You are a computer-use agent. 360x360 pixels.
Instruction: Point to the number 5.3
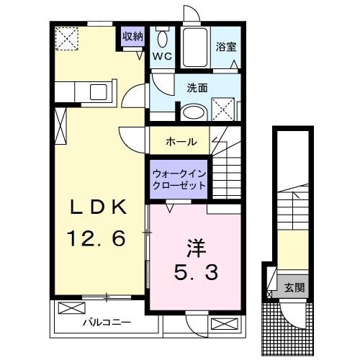195,272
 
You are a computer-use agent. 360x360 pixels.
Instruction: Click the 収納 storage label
133,35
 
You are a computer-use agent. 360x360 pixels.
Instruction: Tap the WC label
162,56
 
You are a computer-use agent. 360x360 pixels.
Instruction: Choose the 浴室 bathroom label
225,48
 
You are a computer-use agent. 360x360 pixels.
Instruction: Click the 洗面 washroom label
197,88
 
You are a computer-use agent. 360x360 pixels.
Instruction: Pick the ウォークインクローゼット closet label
179,179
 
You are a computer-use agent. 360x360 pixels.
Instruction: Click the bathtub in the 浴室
194,48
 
